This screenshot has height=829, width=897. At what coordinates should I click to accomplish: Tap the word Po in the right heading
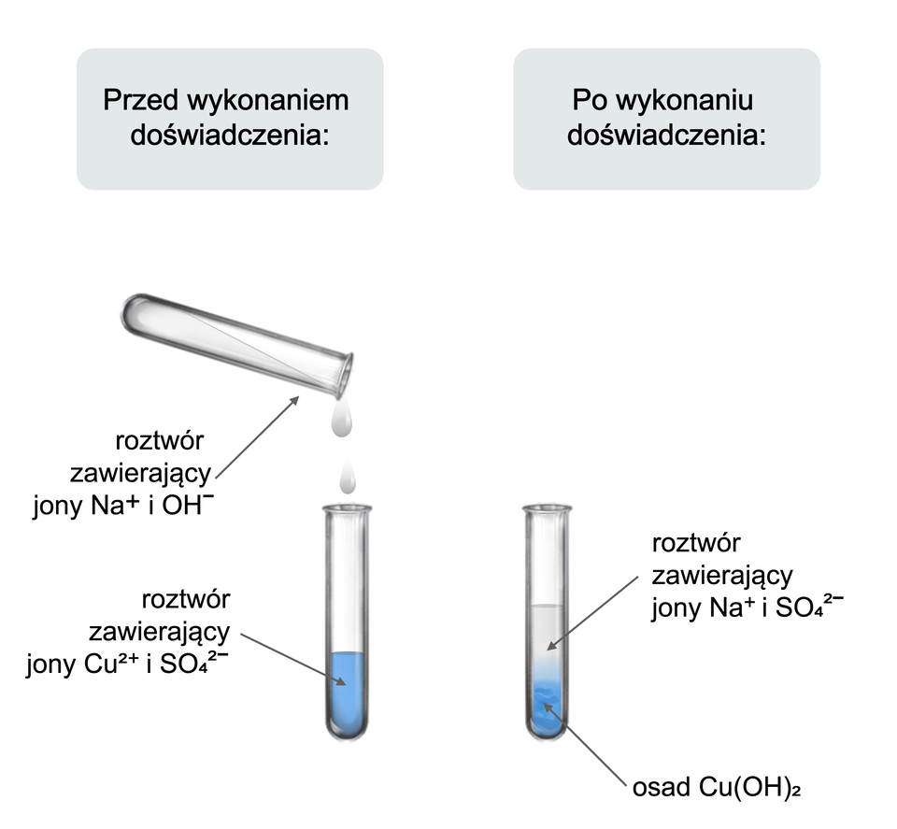click(587, 100)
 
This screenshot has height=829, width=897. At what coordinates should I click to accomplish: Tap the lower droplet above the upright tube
click(348, 479)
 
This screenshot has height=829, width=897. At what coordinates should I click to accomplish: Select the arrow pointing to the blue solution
click(290, 663)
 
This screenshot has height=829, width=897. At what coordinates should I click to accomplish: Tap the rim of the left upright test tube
click(347, 508)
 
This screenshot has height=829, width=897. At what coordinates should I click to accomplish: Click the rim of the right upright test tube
click(547, 508)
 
